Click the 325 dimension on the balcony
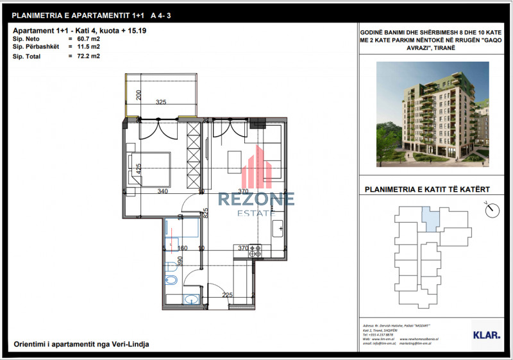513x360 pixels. (162, 102)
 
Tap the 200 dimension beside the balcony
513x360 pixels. (138, 96)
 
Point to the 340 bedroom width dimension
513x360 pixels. (163, 191)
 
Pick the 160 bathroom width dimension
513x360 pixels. (181, 248)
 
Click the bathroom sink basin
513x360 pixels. (190, 299)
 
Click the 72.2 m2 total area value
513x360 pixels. (88, 56)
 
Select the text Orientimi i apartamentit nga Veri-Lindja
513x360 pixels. (81, 345)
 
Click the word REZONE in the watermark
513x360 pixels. (256, 199)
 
